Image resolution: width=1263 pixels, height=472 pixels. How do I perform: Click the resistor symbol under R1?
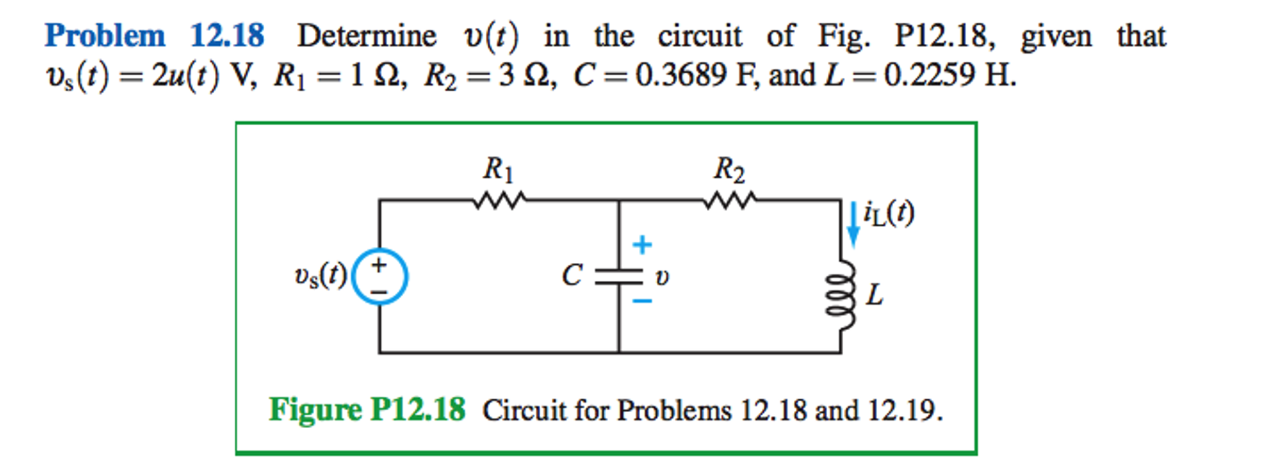(499, 200)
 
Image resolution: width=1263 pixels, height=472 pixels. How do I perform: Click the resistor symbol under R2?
(729, 200)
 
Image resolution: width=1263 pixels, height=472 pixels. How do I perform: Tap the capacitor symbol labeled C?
(619, 276)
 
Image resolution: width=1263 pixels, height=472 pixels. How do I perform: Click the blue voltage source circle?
(379, 276)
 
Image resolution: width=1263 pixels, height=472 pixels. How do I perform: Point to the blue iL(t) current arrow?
(852, 223)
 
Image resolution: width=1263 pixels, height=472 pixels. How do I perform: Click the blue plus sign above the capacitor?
(642, 245)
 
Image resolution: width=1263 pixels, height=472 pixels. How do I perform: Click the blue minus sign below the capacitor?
(642, 301)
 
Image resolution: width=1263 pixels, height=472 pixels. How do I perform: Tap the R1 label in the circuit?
(498, 169)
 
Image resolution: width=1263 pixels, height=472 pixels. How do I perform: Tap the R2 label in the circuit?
(728, 169)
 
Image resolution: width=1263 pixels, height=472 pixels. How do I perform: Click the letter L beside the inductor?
(874, 295)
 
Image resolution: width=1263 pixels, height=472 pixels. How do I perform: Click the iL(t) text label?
(888, 213)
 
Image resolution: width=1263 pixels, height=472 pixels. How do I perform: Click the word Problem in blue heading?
(105, 36)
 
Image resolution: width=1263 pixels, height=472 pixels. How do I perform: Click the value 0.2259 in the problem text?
(930, 76)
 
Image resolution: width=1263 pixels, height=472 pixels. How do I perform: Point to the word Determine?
(367, 36)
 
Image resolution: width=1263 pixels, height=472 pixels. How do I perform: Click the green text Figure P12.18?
(367, 409)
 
